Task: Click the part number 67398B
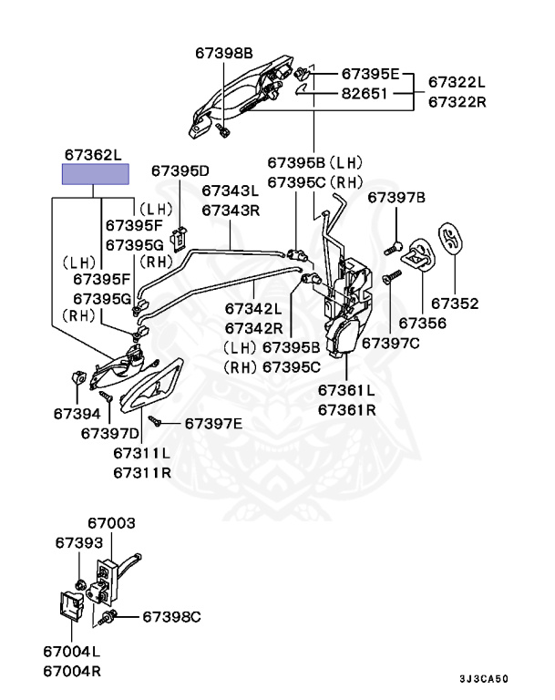point(222,53)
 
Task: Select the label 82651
point(365,93)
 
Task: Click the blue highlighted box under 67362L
point(95,174)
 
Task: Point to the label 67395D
point(180,170)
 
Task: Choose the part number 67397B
point(396,197)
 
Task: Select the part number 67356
point(422,323)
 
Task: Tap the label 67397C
point(390,343)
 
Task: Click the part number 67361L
point(346,390)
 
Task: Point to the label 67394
point(75,413)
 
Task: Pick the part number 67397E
point(213,423)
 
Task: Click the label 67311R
point(142,472)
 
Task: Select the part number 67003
point(111,523)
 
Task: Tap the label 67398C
point(170,617)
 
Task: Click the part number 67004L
point(71,653)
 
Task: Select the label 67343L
point(231,190)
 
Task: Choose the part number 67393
point(78,542)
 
